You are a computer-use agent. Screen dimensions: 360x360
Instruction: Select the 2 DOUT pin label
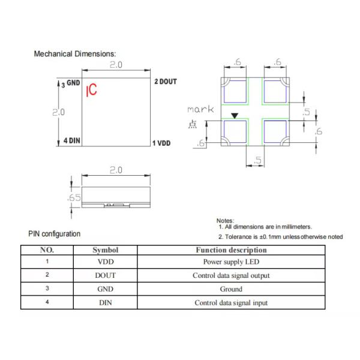point(165,82)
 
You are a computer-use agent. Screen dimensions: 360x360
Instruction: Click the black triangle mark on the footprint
point(235,116)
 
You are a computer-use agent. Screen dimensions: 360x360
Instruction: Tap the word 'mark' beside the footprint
point(200,109)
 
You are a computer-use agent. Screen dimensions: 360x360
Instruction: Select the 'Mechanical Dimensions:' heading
point(75,54)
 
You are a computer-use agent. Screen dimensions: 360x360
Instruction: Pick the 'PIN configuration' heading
point(54,234)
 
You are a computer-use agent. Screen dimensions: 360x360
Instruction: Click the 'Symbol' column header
point(105,250)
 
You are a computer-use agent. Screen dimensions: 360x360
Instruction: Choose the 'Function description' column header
point(231,250)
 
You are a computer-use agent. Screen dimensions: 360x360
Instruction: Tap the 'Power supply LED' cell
point(231,262)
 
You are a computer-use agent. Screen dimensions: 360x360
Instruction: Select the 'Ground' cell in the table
point(231,289)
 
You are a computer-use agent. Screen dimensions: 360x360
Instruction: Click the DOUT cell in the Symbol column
point(105,275)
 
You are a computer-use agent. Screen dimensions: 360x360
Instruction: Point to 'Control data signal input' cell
point(231,302)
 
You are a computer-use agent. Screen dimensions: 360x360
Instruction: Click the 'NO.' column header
point(47,250)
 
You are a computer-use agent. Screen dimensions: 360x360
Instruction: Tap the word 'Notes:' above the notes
point(225,220)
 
